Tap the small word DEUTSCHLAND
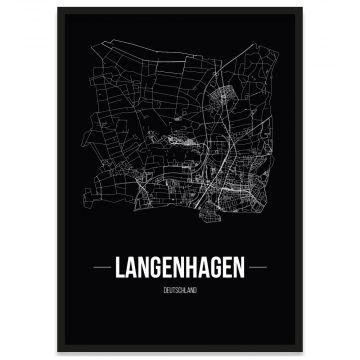(181, 290)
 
